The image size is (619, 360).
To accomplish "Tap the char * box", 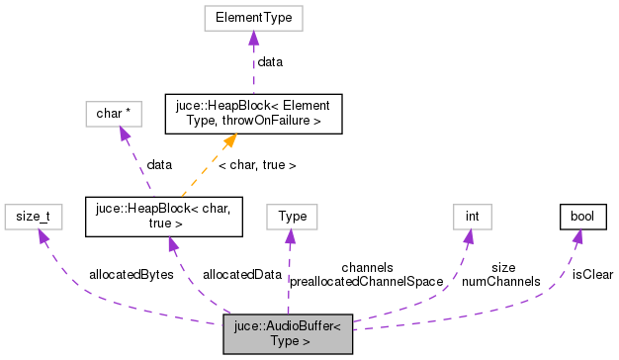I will click(x=113, y=114).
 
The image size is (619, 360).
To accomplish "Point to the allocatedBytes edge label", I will click(x=131, y=274).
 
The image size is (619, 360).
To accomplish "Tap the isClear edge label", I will click(x=591, y=274).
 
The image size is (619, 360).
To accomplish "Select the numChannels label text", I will click(x=500, y=281).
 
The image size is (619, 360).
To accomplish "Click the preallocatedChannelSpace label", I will click(x=366, y=281).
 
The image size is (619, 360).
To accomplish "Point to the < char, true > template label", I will click(x=257, y=164).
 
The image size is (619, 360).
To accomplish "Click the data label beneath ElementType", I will click(x=269, y=61).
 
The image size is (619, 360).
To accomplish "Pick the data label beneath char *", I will click(x=159, y=164).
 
